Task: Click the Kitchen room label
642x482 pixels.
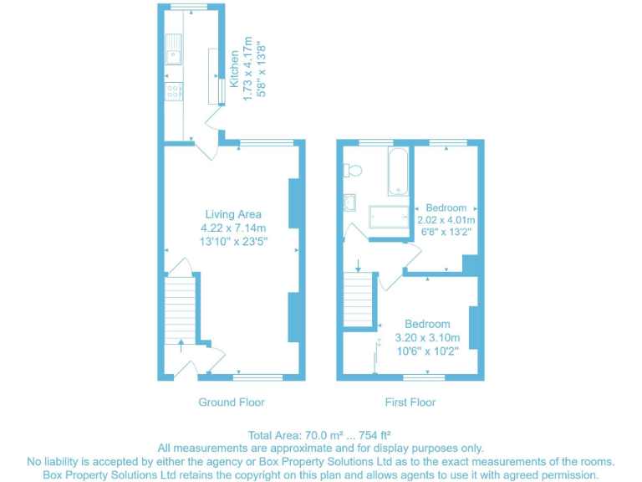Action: pyautogui.click(x=234, y=69)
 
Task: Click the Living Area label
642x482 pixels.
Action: pyautogui.click(x=233, y=214)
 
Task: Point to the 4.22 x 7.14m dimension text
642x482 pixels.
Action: pyautogui.click(x=233, y=228)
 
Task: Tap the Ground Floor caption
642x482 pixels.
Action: pyautogui.click(x=232, y=403)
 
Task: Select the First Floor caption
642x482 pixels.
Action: pyautogui.click(x=410, y=403)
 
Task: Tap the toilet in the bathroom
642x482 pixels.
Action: pyautogui.click(x=354, y=171)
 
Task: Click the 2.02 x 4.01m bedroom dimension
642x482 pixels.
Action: pyautogui.click(x=446, y=221)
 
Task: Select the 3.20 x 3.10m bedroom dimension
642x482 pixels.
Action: pyautogui.click(x=427, y=338)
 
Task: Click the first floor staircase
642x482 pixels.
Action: pyautogui.click(x=357, y=302)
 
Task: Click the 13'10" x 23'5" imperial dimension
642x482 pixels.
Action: pyautogui.click(x=233, y=242)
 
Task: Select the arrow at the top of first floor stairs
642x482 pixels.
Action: pyautogui.click(x=358, y=267)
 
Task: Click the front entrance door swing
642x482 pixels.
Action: pyautogui.click(x=189, y=367)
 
